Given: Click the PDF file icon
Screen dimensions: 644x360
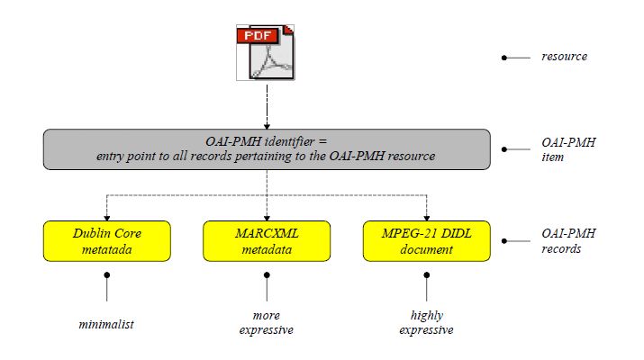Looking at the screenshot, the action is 266,52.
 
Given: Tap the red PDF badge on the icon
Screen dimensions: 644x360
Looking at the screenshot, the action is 258,36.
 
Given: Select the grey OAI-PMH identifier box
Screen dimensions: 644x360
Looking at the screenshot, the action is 267,149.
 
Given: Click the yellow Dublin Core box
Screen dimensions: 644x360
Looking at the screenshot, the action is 107,241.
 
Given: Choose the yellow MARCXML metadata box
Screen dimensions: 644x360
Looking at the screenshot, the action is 267,241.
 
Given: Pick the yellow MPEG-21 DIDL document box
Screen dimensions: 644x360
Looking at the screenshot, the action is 426,241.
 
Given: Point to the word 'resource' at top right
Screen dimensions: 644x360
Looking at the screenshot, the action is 565,57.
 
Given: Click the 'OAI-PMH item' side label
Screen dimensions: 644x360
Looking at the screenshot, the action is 568,149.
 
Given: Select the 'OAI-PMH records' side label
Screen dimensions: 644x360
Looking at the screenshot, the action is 568,241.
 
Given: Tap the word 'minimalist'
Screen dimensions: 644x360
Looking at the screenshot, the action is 106,324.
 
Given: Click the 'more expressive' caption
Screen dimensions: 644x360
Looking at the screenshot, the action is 266,322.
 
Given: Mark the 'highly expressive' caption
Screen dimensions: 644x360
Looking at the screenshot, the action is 426,322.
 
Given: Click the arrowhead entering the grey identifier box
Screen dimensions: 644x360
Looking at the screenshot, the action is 267,126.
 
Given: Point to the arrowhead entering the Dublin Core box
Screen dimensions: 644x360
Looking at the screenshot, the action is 107,218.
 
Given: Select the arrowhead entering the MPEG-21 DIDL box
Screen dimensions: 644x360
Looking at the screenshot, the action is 426,218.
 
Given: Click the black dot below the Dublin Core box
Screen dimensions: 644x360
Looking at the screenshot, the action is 107,275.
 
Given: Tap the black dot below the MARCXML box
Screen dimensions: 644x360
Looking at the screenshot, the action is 267,275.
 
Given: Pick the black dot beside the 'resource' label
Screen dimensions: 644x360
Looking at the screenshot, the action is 504,58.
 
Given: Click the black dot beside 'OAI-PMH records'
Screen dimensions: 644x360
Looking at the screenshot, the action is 504,241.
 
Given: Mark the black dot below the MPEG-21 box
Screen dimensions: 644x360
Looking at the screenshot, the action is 427,275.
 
